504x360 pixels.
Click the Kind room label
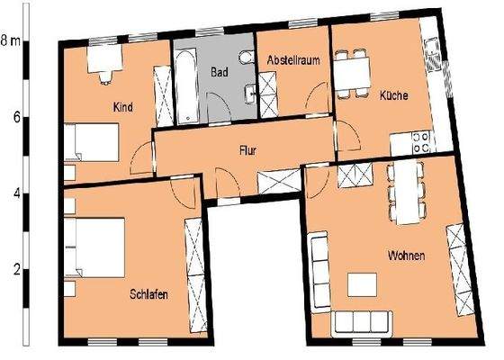coord(123,108)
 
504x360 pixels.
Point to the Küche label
coord(392,94)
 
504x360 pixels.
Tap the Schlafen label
coord(148,294)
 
